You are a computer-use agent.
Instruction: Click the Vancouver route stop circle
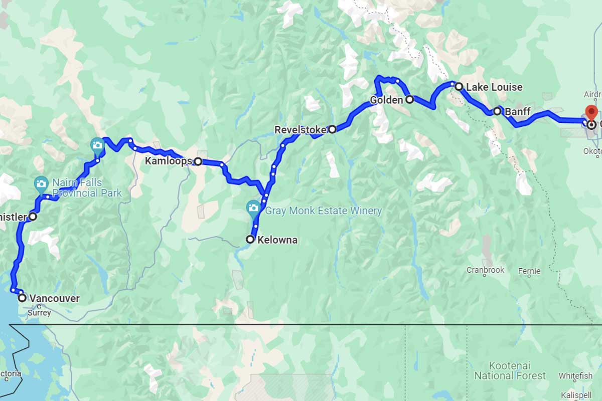[23, 298]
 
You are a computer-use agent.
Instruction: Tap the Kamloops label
[168, 161]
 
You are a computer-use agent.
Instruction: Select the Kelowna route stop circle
[250, 240]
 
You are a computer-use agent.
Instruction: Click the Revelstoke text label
[300, 130]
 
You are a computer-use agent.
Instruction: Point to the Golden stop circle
[409, 99]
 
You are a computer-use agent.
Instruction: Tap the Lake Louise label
[494, 87]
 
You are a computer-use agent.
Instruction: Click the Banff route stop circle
[497, 111]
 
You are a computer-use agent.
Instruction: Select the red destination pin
[591, 112]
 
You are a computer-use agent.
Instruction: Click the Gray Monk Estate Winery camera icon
[253, 207]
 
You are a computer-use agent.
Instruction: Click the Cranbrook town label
[485, 270]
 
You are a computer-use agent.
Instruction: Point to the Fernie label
[529, 271]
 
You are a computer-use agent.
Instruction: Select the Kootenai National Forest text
[510, 371]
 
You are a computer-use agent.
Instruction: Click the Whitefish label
[575, 375]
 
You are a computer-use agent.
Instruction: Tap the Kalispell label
[576, 394]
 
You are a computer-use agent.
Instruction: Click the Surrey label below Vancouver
[40, 313]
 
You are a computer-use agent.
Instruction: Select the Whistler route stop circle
[33, 217]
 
